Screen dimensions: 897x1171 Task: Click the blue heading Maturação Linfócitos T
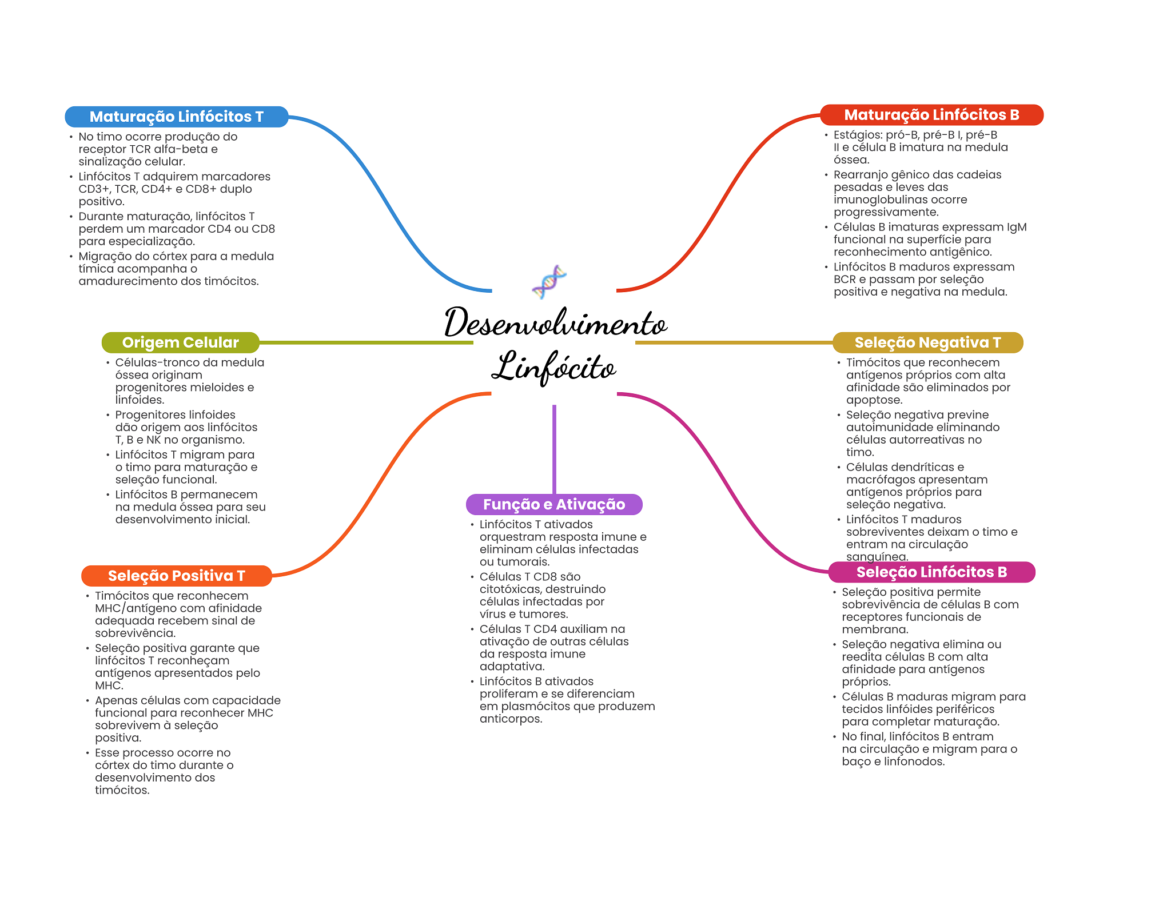pos(176,117)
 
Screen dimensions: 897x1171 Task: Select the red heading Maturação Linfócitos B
pos(931,115)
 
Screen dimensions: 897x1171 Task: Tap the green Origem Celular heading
pos(180,342)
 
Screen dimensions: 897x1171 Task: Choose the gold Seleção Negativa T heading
pos(927,342)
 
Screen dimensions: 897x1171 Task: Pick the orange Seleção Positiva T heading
pos(176,576)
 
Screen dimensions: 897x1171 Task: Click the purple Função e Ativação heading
pos(554,504)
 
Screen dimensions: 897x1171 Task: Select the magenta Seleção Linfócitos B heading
pos(931,572)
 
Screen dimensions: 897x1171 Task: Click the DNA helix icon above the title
pos(549,281)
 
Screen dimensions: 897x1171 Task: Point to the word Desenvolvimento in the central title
pos(555,323)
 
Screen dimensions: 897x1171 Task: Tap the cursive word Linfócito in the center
pos(553,367)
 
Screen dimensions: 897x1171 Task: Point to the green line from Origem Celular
pos(366,342)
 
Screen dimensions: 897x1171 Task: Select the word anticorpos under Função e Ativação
pos(510,719)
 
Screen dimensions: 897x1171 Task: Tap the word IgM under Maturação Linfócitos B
pos(1016,227)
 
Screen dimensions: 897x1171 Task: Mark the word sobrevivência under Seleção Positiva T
pos(135,633)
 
